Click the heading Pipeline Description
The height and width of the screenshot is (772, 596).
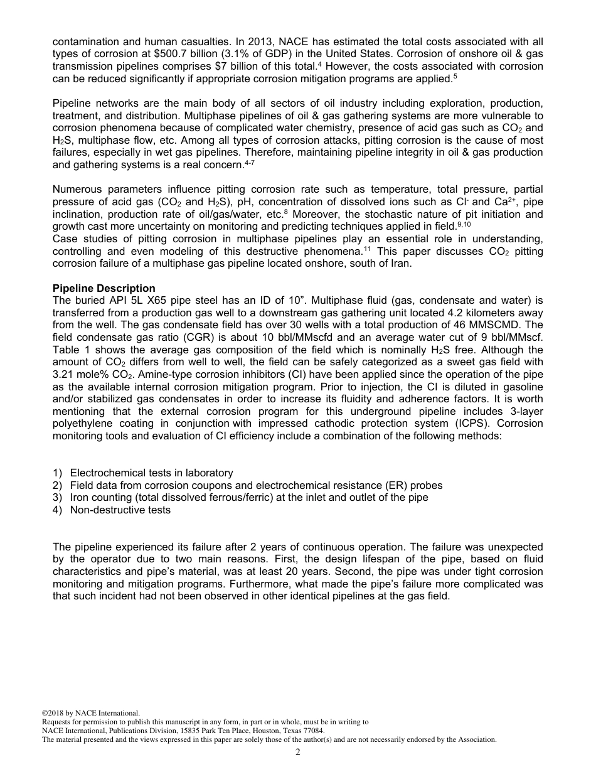pyautogui.click(x=104, y=289)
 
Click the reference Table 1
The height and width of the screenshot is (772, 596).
pyautogui.click(x=71, y=350)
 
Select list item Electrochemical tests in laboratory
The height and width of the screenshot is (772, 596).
pyautogui.click(x=151, y=473)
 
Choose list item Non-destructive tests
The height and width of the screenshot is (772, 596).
pyautogui.click(x=120, y=510)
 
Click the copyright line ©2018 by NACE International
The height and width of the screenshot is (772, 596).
pyautogui.click(x=90, y=713)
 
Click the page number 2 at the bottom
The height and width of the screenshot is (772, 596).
pyautogui.click(x=298, y=753)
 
